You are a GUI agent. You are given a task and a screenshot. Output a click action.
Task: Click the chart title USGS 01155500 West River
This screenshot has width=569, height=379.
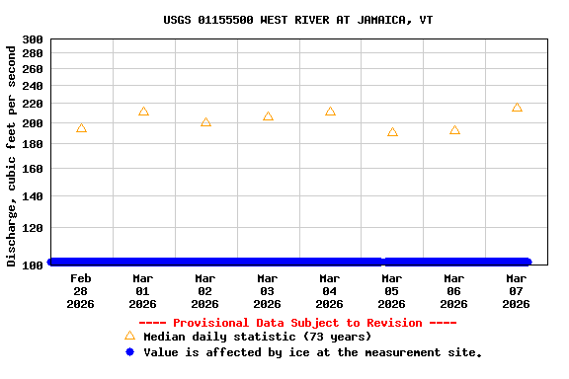(297, 20)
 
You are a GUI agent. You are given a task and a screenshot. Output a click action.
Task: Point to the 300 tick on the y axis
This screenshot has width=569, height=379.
(33, 39)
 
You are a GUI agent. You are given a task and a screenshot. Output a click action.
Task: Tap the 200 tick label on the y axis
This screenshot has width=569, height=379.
(33, 123)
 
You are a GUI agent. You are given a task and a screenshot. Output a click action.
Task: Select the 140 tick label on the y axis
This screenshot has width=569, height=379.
(33, 197)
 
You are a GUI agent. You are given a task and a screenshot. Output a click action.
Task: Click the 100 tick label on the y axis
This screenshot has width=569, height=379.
(33, 264)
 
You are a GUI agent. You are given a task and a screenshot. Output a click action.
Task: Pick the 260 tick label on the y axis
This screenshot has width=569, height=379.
(33, 69)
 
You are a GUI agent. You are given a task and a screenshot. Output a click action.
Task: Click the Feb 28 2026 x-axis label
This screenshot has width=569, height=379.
(81, 291)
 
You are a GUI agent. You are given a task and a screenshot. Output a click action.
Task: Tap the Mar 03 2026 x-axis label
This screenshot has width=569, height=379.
(268, 291)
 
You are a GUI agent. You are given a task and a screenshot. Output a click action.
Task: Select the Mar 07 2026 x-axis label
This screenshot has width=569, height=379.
(517, 291)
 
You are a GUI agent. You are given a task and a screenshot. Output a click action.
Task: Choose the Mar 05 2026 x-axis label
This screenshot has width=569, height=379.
(392, 291)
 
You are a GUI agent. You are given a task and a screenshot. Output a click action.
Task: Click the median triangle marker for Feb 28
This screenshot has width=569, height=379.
(81, 128)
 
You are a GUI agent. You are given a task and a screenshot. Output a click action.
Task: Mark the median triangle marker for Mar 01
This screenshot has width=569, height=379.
(143, 112)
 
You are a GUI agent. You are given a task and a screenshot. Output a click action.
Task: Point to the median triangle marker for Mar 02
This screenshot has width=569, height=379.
(205, 122)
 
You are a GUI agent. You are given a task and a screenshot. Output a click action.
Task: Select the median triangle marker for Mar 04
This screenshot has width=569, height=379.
(330, 112)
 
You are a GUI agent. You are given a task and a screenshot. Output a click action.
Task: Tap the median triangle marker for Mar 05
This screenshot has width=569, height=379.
(392, 132)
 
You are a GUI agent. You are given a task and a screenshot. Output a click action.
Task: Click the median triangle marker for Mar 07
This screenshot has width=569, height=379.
(517, 108)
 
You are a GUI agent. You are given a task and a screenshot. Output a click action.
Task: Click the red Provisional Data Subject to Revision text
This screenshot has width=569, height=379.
(297, 323)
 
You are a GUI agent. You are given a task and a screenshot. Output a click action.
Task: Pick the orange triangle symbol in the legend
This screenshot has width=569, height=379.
(129, 336)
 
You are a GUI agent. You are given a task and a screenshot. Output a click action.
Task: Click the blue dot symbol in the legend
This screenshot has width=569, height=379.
(129, 351)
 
